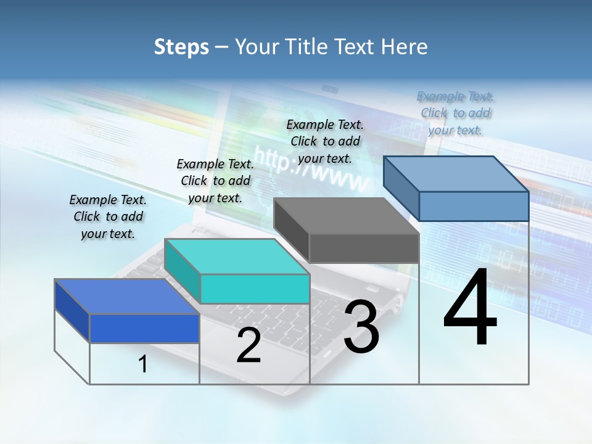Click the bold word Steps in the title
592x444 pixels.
coord(181,47)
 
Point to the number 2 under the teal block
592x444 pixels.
coord(249,345)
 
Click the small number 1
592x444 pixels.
coord(143,364)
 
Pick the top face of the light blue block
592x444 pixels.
coord(456,174)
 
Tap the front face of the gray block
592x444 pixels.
coord(364,249)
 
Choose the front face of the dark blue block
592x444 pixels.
coord(144,329)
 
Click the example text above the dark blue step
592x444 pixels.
coord(108,216)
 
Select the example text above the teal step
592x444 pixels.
coord(215,181)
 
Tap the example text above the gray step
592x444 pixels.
coord(325,141)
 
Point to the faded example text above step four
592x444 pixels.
coord(456,113)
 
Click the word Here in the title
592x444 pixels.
coord(405,47)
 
